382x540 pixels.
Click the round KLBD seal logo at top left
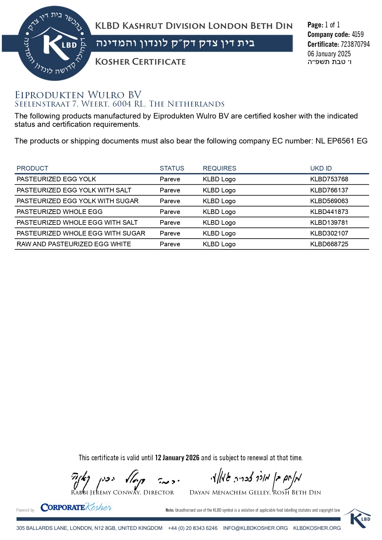click(55, 43)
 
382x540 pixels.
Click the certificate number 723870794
click(355, 44)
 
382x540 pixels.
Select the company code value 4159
click(358, 34)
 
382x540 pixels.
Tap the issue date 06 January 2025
click(329, 54)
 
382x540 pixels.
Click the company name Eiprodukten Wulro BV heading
click(78, 95)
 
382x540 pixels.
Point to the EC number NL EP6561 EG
click(341, 141)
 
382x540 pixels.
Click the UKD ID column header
click(321, 168)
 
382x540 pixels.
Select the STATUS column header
click(172, 168)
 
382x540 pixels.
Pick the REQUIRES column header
click(219, 168)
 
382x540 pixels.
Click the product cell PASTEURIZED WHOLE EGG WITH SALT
click(77, 223)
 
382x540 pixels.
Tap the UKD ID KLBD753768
click(329, 179)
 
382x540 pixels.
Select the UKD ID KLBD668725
click(329, 244)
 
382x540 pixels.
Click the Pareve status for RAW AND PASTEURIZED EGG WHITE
click(170, 244)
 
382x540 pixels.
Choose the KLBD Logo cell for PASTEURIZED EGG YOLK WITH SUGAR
click(219, 201)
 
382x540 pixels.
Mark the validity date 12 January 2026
click(177, 458)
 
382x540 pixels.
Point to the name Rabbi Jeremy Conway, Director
click(123, 493)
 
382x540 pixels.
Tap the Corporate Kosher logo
click(76, 507)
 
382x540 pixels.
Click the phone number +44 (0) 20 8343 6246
click(193, 528)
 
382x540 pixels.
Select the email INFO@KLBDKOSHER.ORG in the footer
click(255, 528)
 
